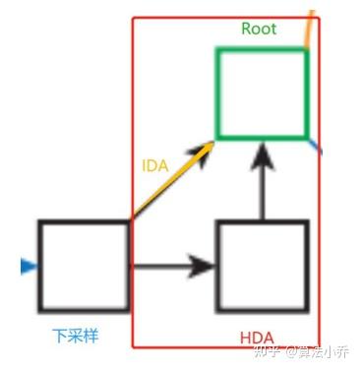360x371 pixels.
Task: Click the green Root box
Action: click(x=262, y=93)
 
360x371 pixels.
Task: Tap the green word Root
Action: click(x=259, y=29)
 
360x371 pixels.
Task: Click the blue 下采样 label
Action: click(x=76, y=336)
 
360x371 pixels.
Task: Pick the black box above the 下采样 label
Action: click(x=84, y=266)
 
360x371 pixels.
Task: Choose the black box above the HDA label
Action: click(x=262, y=266)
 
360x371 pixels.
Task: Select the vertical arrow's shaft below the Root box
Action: click(x=262, y=192)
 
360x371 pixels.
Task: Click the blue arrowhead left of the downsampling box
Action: click(x=27, y=266)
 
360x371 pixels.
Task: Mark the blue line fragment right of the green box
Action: click(x=315, y=146)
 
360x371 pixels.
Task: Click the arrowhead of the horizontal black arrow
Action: click(x=203, y=266)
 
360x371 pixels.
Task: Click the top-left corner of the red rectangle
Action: click(x=132, y=18)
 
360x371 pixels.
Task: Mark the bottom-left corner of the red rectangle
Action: click(x=132, y=346)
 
